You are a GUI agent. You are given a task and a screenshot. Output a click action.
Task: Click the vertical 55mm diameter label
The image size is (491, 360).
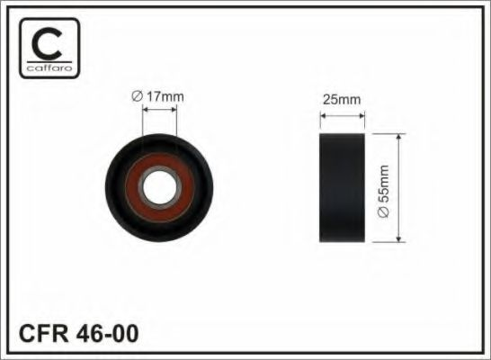(382, 189)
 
